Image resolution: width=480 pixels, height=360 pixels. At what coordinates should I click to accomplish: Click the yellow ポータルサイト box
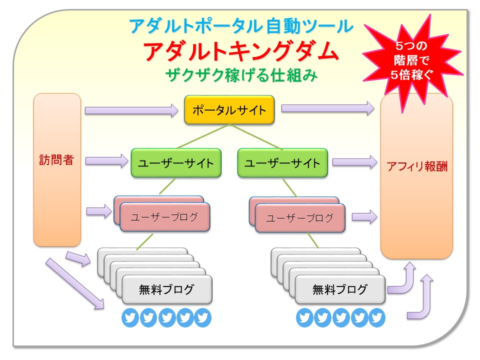229,110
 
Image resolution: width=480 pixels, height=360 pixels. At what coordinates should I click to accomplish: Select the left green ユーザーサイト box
175,162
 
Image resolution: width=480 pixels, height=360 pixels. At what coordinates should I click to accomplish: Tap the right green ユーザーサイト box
282,162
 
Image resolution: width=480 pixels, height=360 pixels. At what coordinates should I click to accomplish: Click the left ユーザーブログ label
164,217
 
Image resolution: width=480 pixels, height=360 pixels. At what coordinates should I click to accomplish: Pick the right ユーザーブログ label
299,218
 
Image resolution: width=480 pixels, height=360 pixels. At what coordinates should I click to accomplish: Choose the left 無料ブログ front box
167,289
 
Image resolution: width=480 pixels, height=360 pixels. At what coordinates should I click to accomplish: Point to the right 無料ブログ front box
340,289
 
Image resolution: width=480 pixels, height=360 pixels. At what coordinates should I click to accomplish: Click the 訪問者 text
57,160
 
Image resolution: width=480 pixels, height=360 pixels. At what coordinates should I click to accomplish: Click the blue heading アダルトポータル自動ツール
240,25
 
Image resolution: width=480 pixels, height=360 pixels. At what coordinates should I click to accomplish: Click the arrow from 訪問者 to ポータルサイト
131,110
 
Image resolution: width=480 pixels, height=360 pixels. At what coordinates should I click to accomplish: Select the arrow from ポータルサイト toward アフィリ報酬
327,108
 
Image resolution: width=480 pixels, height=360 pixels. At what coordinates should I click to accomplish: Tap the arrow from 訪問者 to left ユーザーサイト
107,160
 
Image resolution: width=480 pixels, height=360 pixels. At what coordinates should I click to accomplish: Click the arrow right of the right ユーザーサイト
354,161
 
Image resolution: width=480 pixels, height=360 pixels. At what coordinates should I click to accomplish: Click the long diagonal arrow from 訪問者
75,283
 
